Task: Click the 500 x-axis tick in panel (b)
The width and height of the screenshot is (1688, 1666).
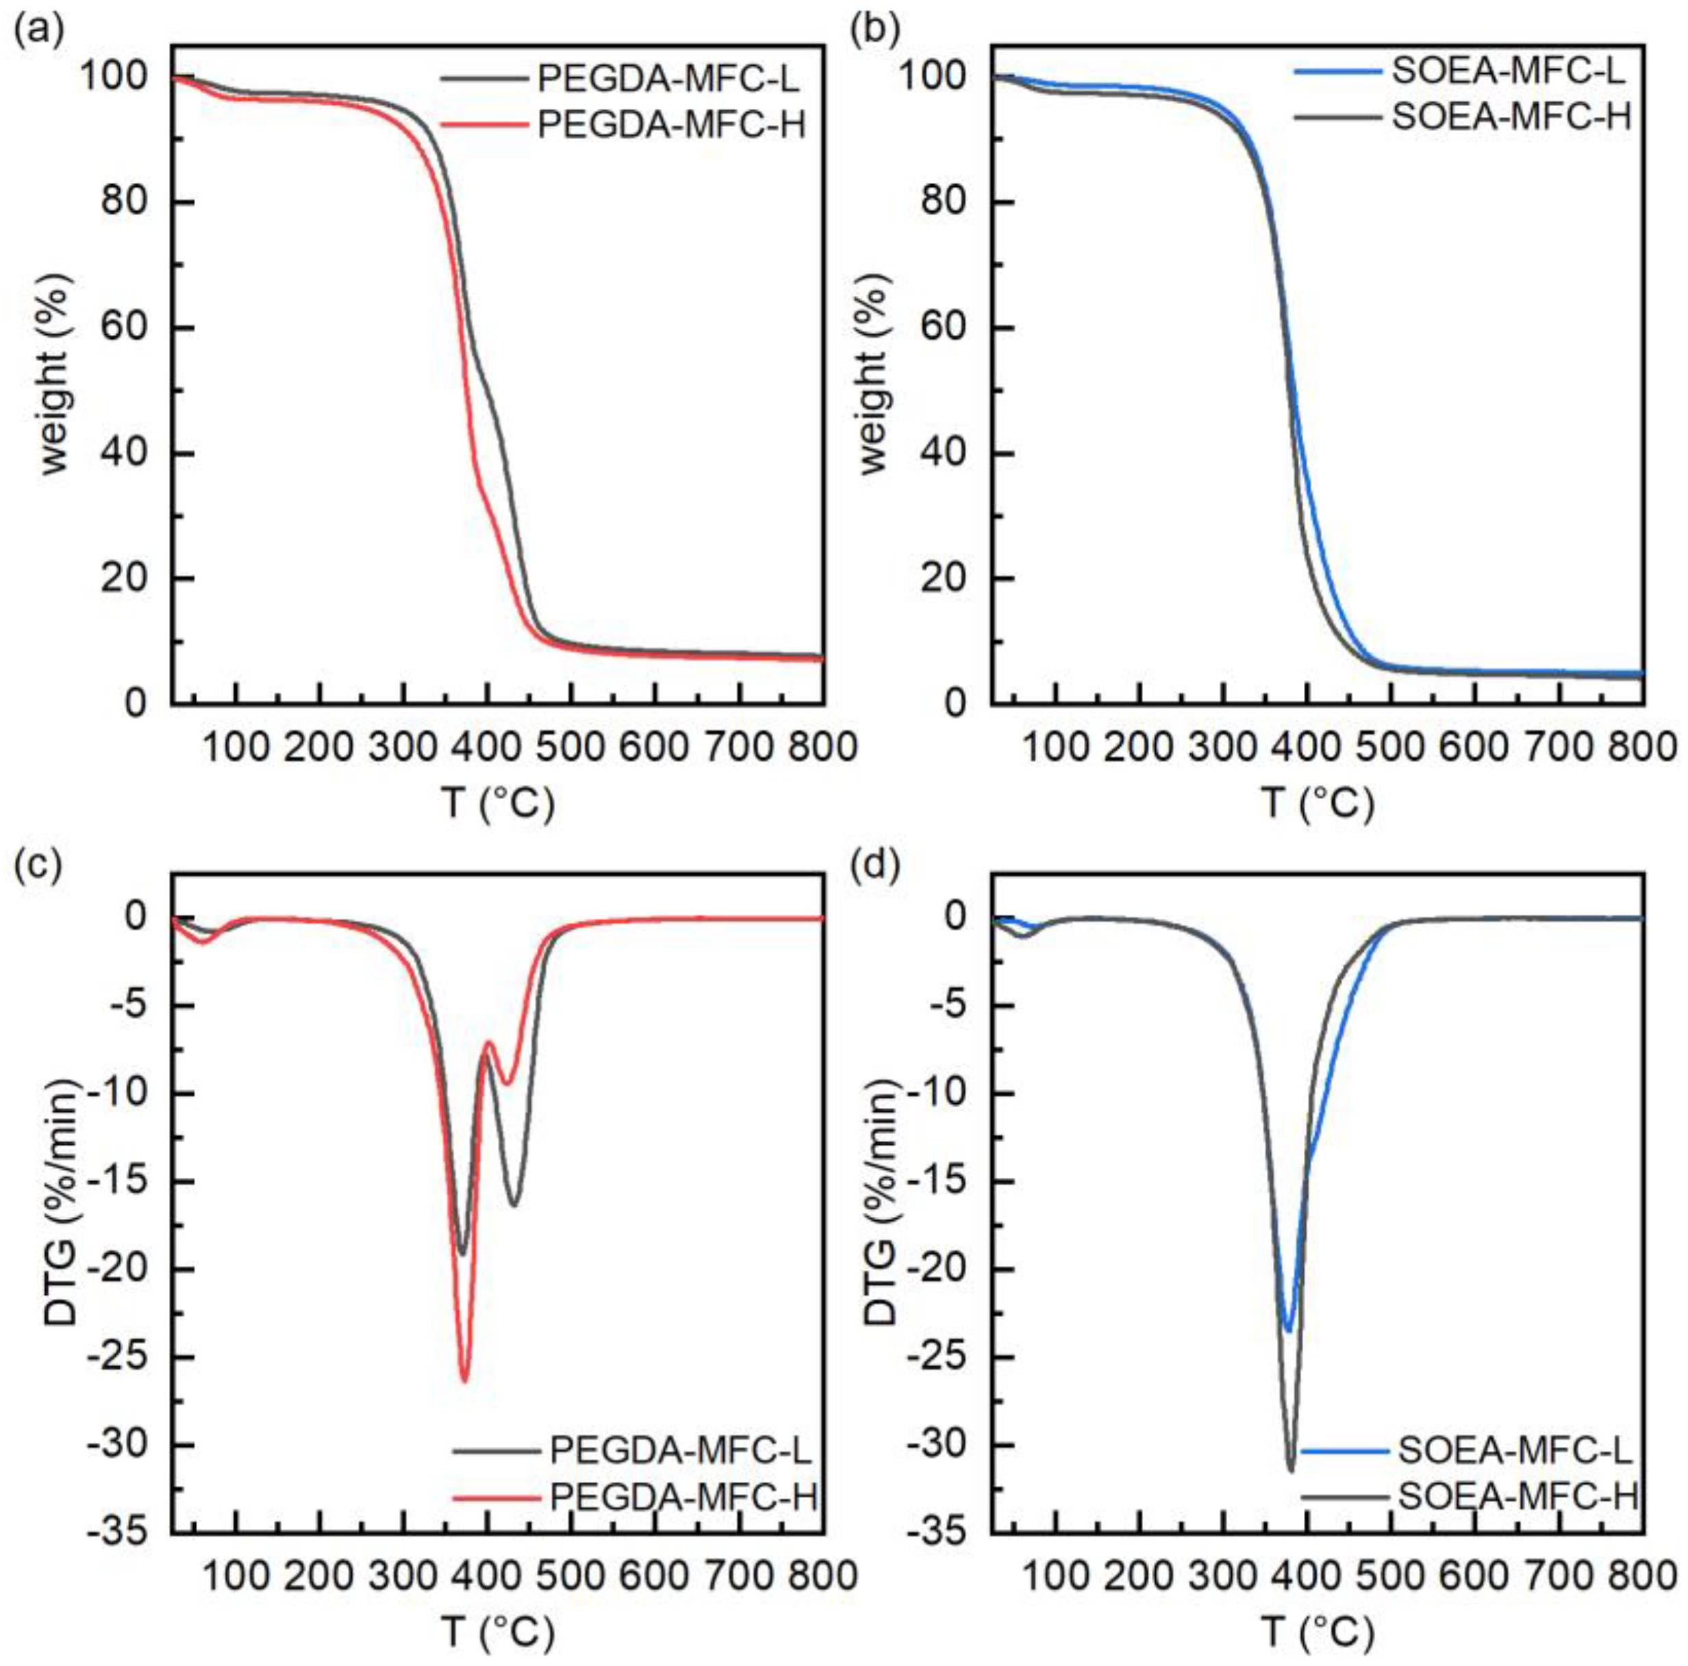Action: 1391,747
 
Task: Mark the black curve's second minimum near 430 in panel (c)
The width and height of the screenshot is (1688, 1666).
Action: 514,1204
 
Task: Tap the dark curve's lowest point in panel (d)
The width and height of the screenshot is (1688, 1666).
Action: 1290,1470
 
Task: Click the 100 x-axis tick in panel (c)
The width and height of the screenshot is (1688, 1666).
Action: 236,1578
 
